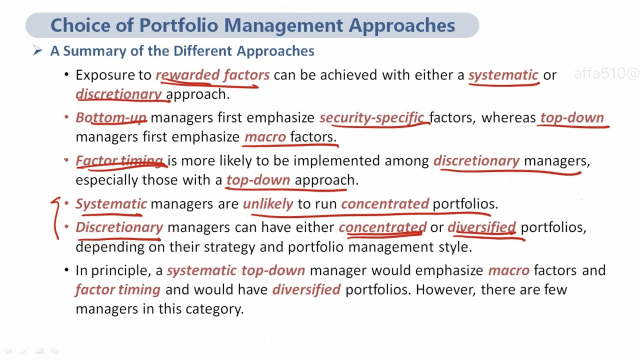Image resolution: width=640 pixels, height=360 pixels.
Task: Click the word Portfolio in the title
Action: tap(179, 25)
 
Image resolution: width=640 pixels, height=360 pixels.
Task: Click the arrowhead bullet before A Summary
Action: tap(37, 50)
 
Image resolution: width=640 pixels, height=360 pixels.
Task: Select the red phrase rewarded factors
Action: tap(213, 75)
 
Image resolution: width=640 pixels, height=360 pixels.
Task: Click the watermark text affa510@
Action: tap(606, 73)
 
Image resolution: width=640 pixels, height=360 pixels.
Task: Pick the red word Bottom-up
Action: tap(111, 118)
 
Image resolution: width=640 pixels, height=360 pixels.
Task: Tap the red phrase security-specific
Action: tap(372, 118)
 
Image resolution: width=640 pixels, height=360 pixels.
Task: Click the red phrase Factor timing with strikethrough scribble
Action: tap(119, 161)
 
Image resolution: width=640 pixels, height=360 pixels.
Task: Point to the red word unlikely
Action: tap(268, 204)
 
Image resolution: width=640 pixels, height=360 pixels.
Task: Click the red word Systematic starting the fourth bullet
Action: tap(111, 204)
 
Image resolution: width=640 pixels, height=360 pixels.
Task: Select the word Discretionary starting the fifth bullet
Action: tap(119, 227)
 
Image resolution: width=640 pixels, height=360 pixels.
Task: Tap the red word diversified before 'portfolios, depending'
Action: tap(482, 227)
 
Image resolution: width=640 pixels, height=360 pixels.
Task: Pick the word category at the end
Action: tap(214, 309)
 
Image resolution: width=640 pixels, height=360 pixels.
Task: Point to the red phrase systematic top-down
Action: tap(236, 271)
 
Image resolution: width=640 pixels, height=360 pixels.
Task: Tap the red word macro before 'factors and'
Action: tap(509, 271)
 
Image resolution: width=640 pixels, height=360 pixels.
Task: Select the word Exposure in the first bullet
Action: tap(105, 75)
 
